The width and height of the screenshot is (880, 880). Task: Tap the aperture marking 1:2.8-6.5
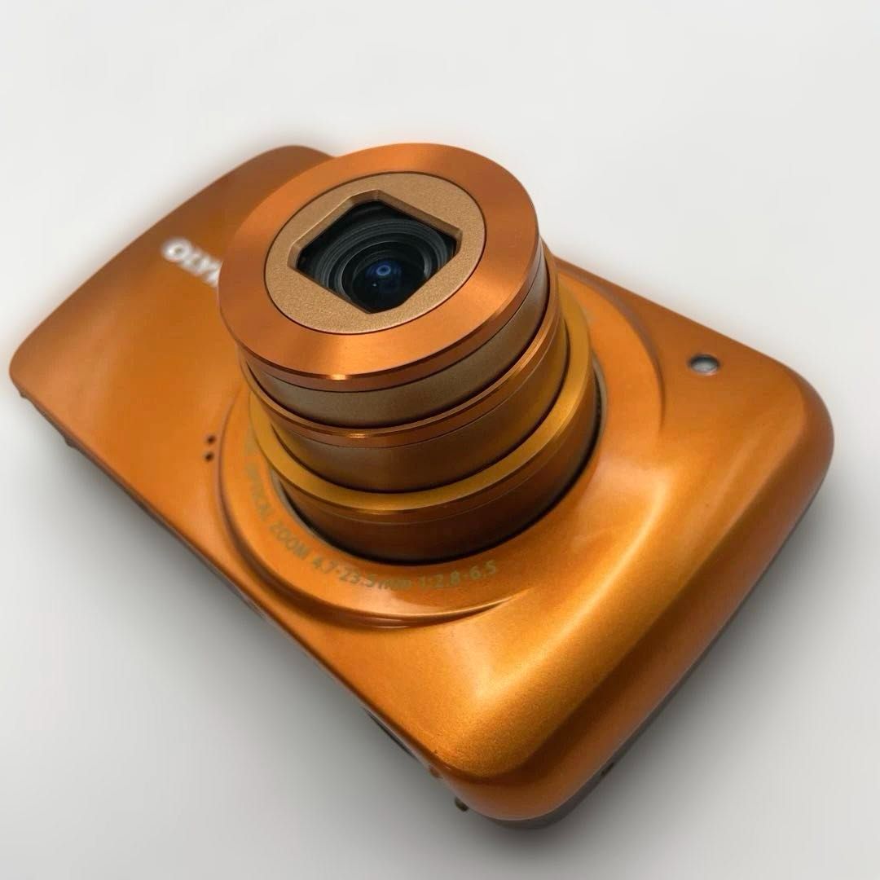[462, 570]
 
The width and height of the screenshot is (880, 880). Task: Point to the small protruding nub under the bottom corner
[461, 803]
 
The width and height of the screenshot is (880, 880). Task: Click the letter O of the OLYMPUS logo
[174, 250]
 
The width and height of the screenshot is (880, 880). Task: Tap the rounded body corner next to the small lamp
[782, 391]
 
